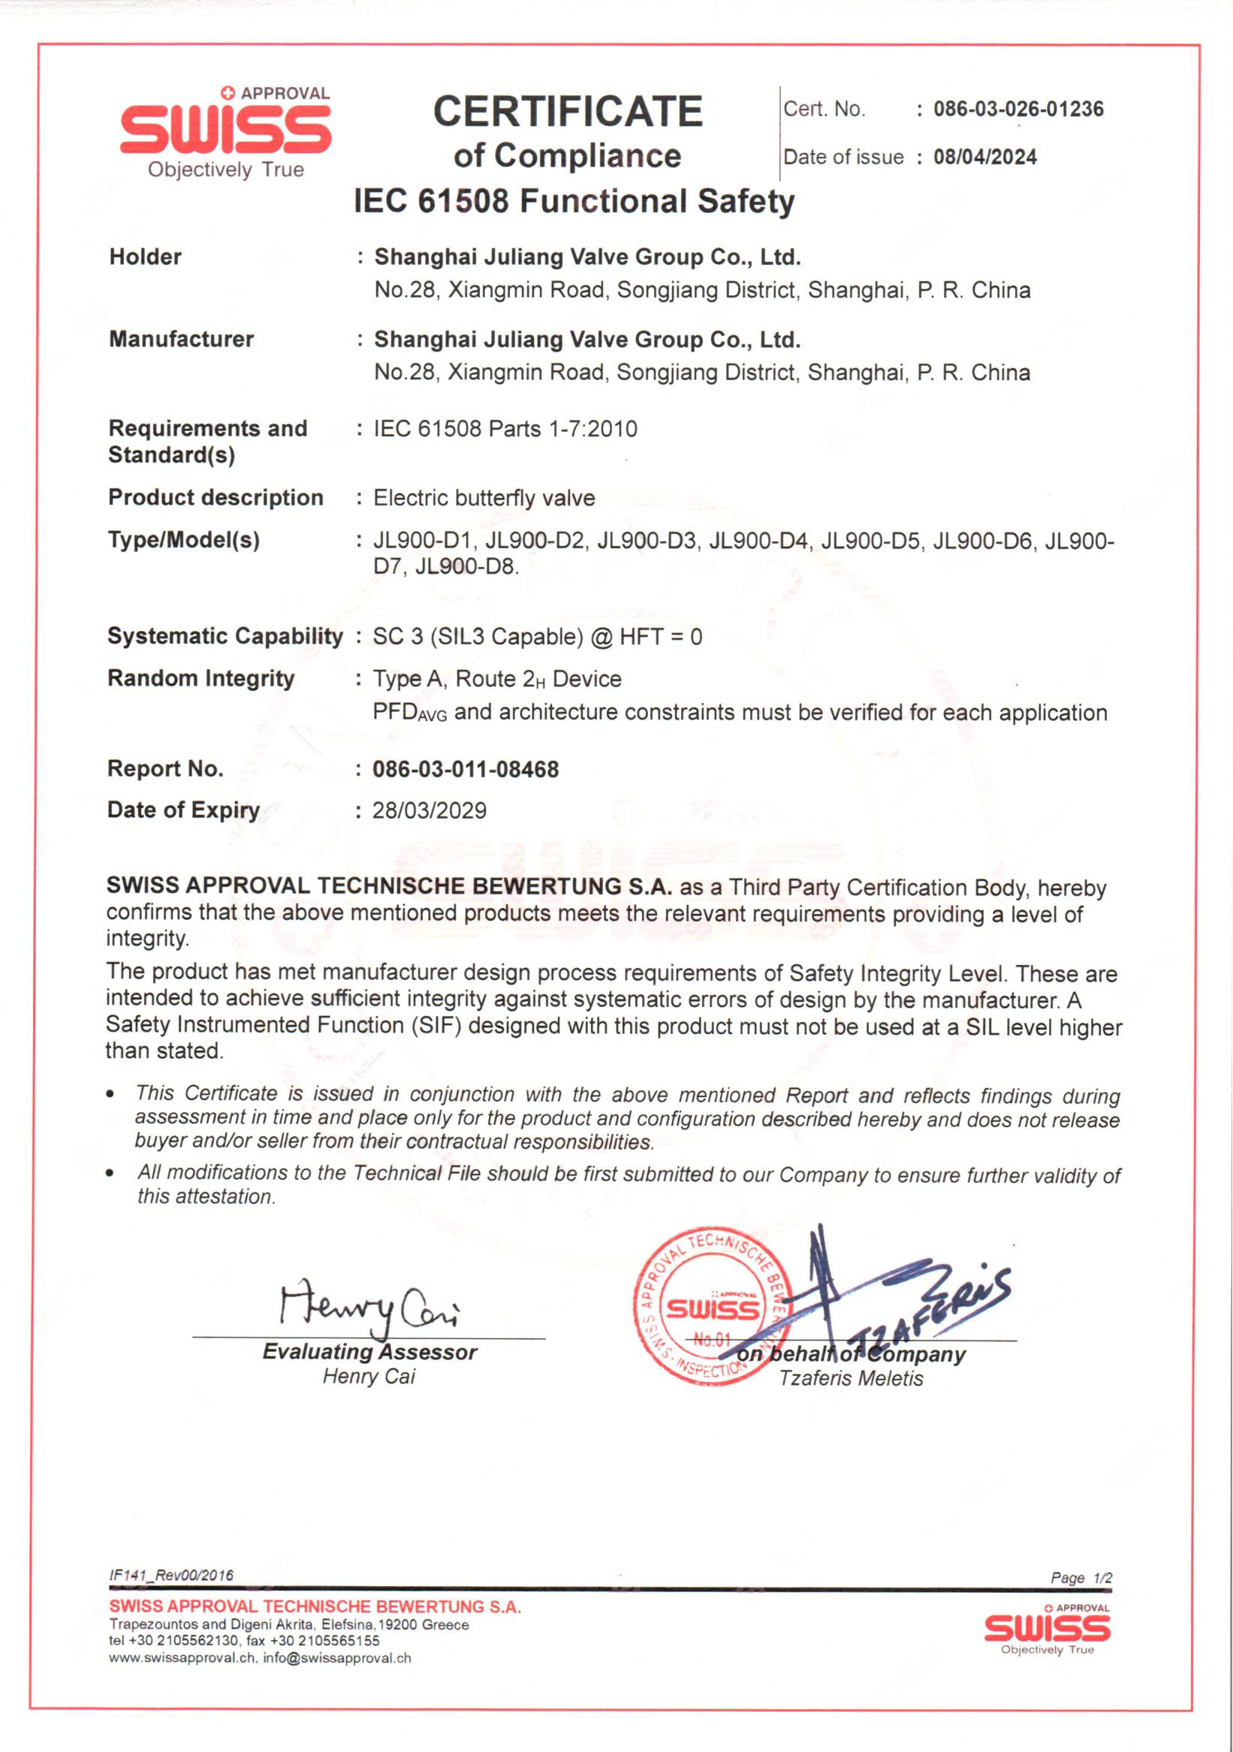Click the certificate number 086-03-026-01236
pos(1017,109)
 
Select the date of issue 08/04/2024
pos(985,157)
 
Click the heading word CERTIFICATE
pos(568,112)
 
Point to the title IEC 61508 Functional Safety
pos(574,201)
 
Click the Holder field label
pos(145,257)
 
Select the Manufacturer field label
pos(181,339)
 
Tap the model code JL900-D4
pos(758,541)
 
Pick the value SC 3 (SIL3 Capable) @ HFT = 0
pos(537,636)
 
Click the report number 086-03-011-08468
pos(466,769)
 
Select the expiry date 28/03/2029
pos(429,810)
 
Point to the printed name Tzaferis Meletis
pos(851,1379)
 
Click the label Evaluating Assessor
pos(369,1352)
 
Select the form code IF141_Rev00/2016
pos(171,1576)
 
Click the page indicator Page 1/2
pos(1081,1578)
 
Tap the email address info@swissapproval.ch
pos(336,1659)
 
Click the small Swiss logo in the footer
pos(1047,1630)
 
